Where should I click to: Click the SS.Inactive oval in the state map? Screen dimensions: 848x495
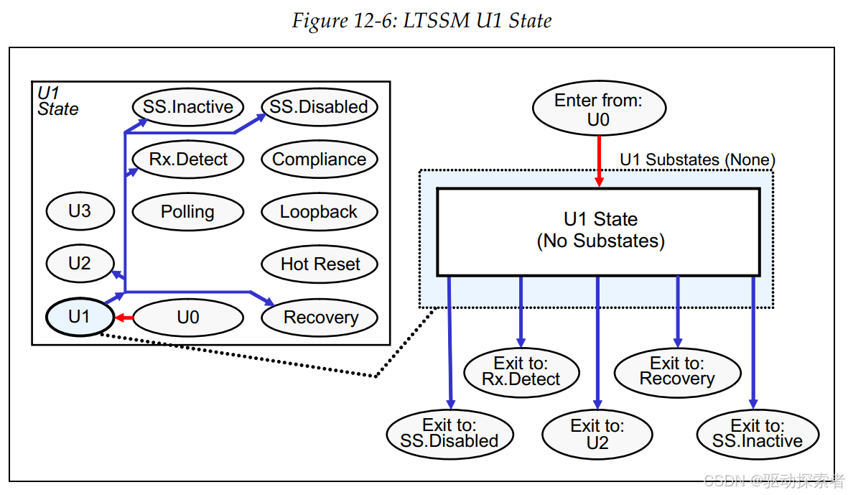[x=188, y=107]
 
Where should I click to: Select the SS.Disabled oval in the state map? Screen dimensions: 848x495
[x=319, y=107]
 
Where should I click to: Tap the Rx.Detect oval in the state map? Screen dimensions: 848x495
[x=188, y=159]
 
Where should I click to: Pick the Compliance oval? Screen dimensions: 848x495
[x=319, y=159]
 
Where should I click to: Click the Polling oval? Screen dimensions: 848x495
[x=188, y=211]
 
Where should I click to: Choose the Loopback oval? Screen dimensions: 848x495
[x=319, y=211]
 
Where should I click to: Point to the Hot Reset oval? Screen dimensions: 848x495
[x=319, y=264]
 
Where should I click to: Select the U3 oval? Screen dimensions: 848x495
[x=80, y=211]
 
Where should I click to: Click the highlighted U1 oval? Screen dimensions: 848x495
[x=80, y=317]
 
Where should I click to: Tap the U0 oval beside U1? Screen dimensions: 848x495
[x=188, y=317]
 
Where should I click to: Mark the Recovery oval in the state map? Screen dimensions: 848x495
[x=319, y=318]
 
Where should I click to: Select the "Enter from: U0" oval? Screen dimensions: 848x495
[x=600, y=108]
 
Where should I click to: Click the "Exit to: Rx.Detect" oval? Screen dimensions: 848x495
[x=521, y=372]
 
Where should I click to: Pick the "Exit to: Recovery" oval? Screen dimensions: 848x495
[x=677, y=372]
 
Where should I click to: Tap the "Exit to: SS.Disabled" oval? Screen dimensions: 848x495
[x=449, y=434]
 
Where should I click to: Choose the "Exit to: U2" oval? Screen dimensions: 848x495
[x=597, y=435]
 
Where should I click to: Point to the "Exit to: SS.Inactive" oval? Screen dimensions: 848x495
[x=758, y=435]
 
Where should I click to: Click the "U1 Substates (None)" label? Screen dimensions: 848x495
[x=698, y=159]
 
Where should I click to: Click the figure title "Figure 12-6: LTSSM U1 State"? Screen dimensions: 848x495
[x=421, y=21]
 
